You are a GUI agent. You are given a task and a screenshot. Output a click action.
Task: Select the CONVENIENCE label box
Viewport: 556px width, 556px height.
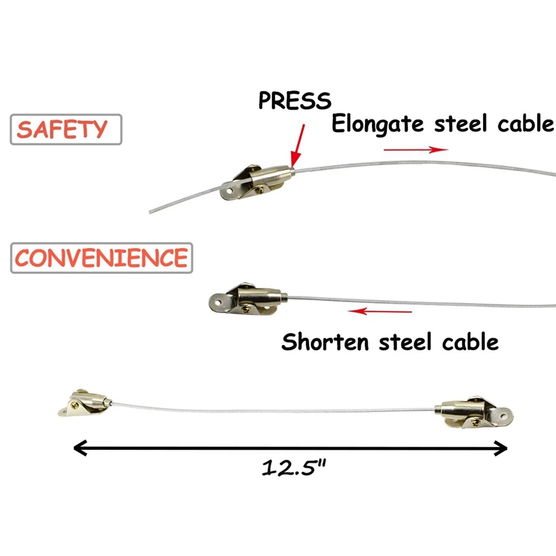coord(101,258)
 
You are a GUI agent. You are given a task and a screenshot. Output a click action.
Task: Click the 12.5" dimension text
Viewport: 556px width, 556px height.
coord(294,468)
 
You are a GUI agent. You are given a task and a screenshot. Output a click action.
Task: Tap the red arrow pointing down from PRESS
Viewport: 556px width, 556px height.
coord(298,142)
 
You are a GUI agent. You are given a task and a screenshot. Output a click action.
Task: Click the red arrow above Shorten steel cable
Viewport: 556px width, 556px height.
coord(380,311)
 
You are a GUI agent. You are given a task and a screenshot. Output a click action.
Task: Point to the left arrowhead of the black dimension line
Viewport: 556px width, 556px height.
coord(79,448)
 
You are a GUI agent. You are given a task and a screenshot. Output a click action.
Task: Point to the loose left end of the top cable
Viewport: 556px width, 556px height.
coord(152,211)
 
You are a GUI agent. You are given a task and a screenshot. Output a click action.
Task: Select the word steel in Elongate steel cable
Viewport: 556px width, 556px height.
coord(468,124)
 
